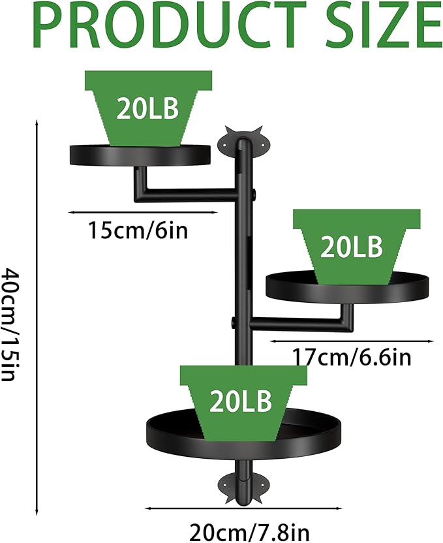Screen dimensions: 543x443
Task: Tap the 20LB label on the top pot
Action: click(x=147, y=108)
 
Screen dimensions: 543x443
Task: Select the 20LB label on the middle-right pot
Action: click(x=351, y=247)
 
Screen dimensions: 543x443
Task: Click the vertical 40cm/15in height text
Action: click(x=14, y=324)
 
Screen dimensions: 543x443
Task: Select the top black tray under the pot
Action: click(x=140, y=155)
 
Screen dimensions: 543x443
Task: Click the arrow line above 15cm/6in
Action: click(x=143, y=212)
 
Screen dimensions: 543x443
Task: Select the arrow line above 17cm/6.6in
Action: click(x=352, y=341)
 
